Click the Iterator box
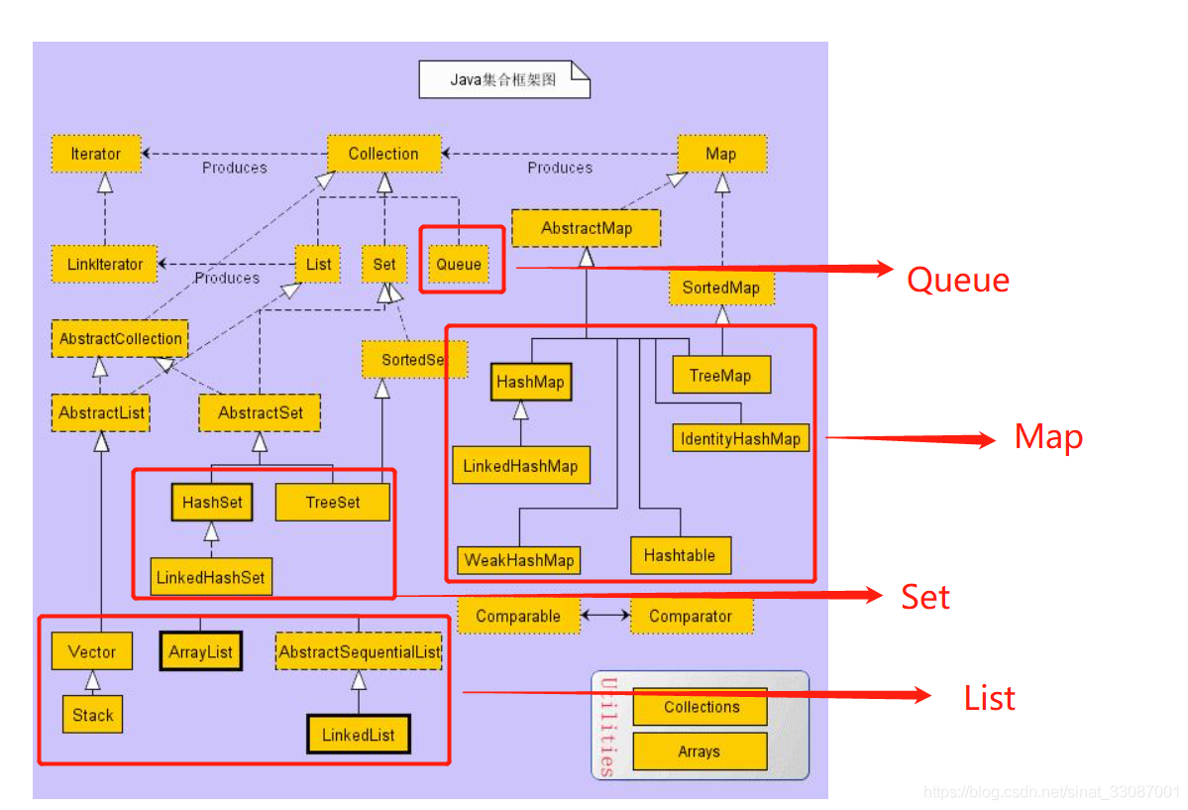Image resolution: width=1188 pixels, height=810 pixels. pyautogui.click(x=96, y=154)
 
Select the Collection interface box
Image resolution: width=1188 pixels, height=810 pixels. pyautogui.click(x=383, y=154)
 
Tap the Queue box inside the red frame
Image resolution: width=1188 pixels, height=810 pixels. pyautogui.click(x=459, y=264)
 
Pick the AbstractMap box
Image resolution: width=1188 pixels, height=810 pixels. pyautogui.click(x=587, y=228)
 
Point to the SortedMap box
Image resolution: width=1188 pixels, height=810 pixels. pyautogui.click(x=720, y=288)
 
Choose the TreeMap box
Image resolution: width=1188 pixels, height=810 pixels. pyautogui.click(x=720, y=376)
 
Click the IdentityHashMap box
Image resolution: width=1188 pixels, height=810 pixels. pyautogui.click(x=740, y=438)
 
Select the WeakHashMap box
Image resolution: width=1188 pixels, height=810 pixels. pyautogui.click(x=519, y=560)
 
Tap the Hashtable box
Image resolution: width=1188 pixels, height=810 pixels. pyautogui.click(x=680, y=555)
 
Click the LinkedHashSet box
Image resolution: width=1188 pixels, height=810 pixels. pyautogui.click(x=212, y=576)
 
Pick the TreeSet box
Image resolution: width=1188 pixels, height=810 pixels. pyautogui.click(x=333, y=502)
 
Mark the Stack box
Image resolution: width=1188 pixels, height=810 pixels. pyautogui.click(x=93, y=715)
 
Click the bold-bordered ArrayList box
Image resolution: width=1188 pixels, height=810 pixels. pyautogui.click(x=200, y=652)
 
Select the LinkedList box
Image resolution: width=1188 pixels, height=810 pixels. pyautogui.click(x=359, y=735)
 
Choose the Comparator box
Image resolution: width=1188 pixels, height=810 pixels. pyautogui.click(x=691, y=616)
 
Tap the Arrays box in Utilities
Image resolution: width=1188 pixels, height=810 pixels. pyautogui.click(x=700, y=752)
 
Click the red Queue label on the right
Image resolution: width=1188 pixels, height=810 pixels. pyautogui.click(x=958, y=280)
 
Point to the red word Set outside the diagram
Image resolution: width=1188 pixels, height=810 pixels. pyautogui.click(x=925, y=597)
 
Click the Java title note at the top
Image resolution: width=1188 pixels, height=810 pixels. pyautogui.click(x=503, y=79)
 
